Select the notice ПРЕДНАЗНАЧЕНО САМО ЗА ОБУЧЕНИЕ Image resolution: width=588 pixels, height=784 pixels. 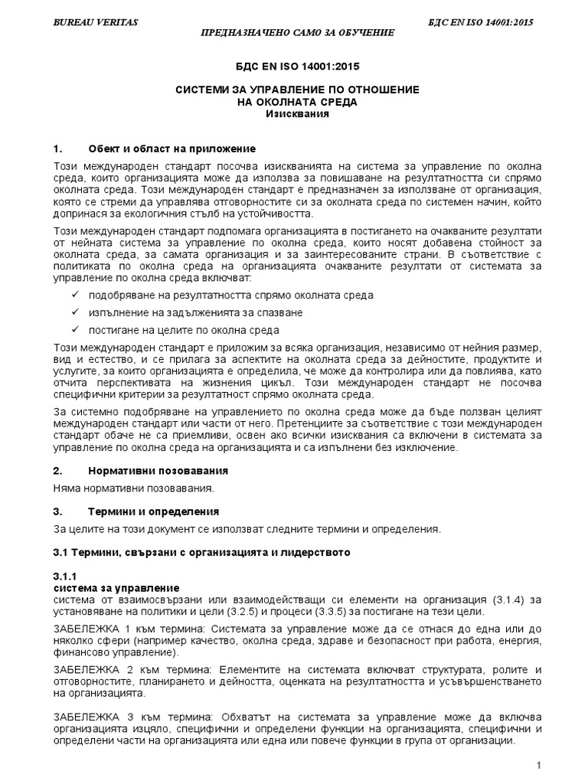click(x=297, y=33)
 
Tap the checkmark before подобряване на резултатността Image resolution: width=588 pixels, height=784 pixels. click(x=74, y=295)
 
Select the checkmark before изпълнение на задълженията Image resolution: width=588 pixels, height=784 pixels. click(x=74, y=312)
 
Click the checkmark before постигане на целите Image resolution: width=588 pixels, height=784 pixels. click(x=74, y=330)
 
